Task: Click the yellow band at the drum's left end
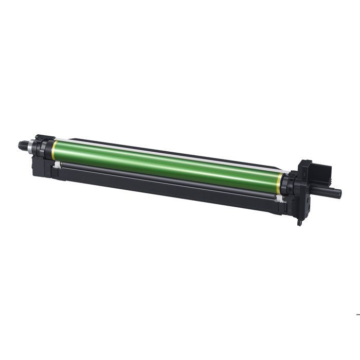click(53, 151)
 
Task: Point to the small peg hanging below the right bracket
click(299, 223)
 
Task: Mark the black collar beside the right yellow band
click(287, 183)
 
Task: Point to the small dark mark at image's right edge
click(358, 314)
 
